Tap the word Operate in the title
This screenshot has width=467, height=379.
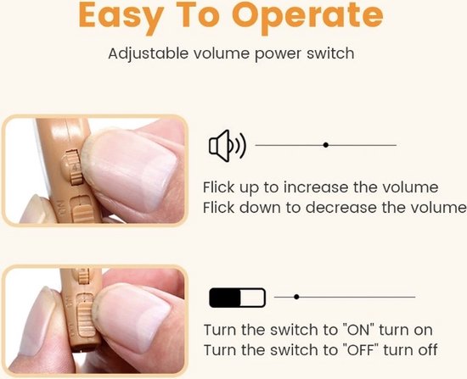307,17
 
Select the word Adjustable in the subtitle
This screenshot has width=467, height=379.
149,54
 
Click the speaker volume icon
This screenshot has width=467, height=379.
228,146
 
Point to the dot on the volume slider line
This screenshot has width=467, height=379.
326,145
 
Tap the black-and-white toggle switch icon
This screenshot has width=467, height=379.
238,298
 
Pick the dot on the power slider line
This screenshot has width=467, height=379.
296,297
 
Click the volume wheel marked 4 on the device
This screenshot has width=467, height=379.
74,167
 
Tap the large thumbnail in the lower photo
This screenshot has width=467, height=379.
132,316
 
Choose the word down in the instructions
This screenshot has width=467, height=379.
260,208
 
